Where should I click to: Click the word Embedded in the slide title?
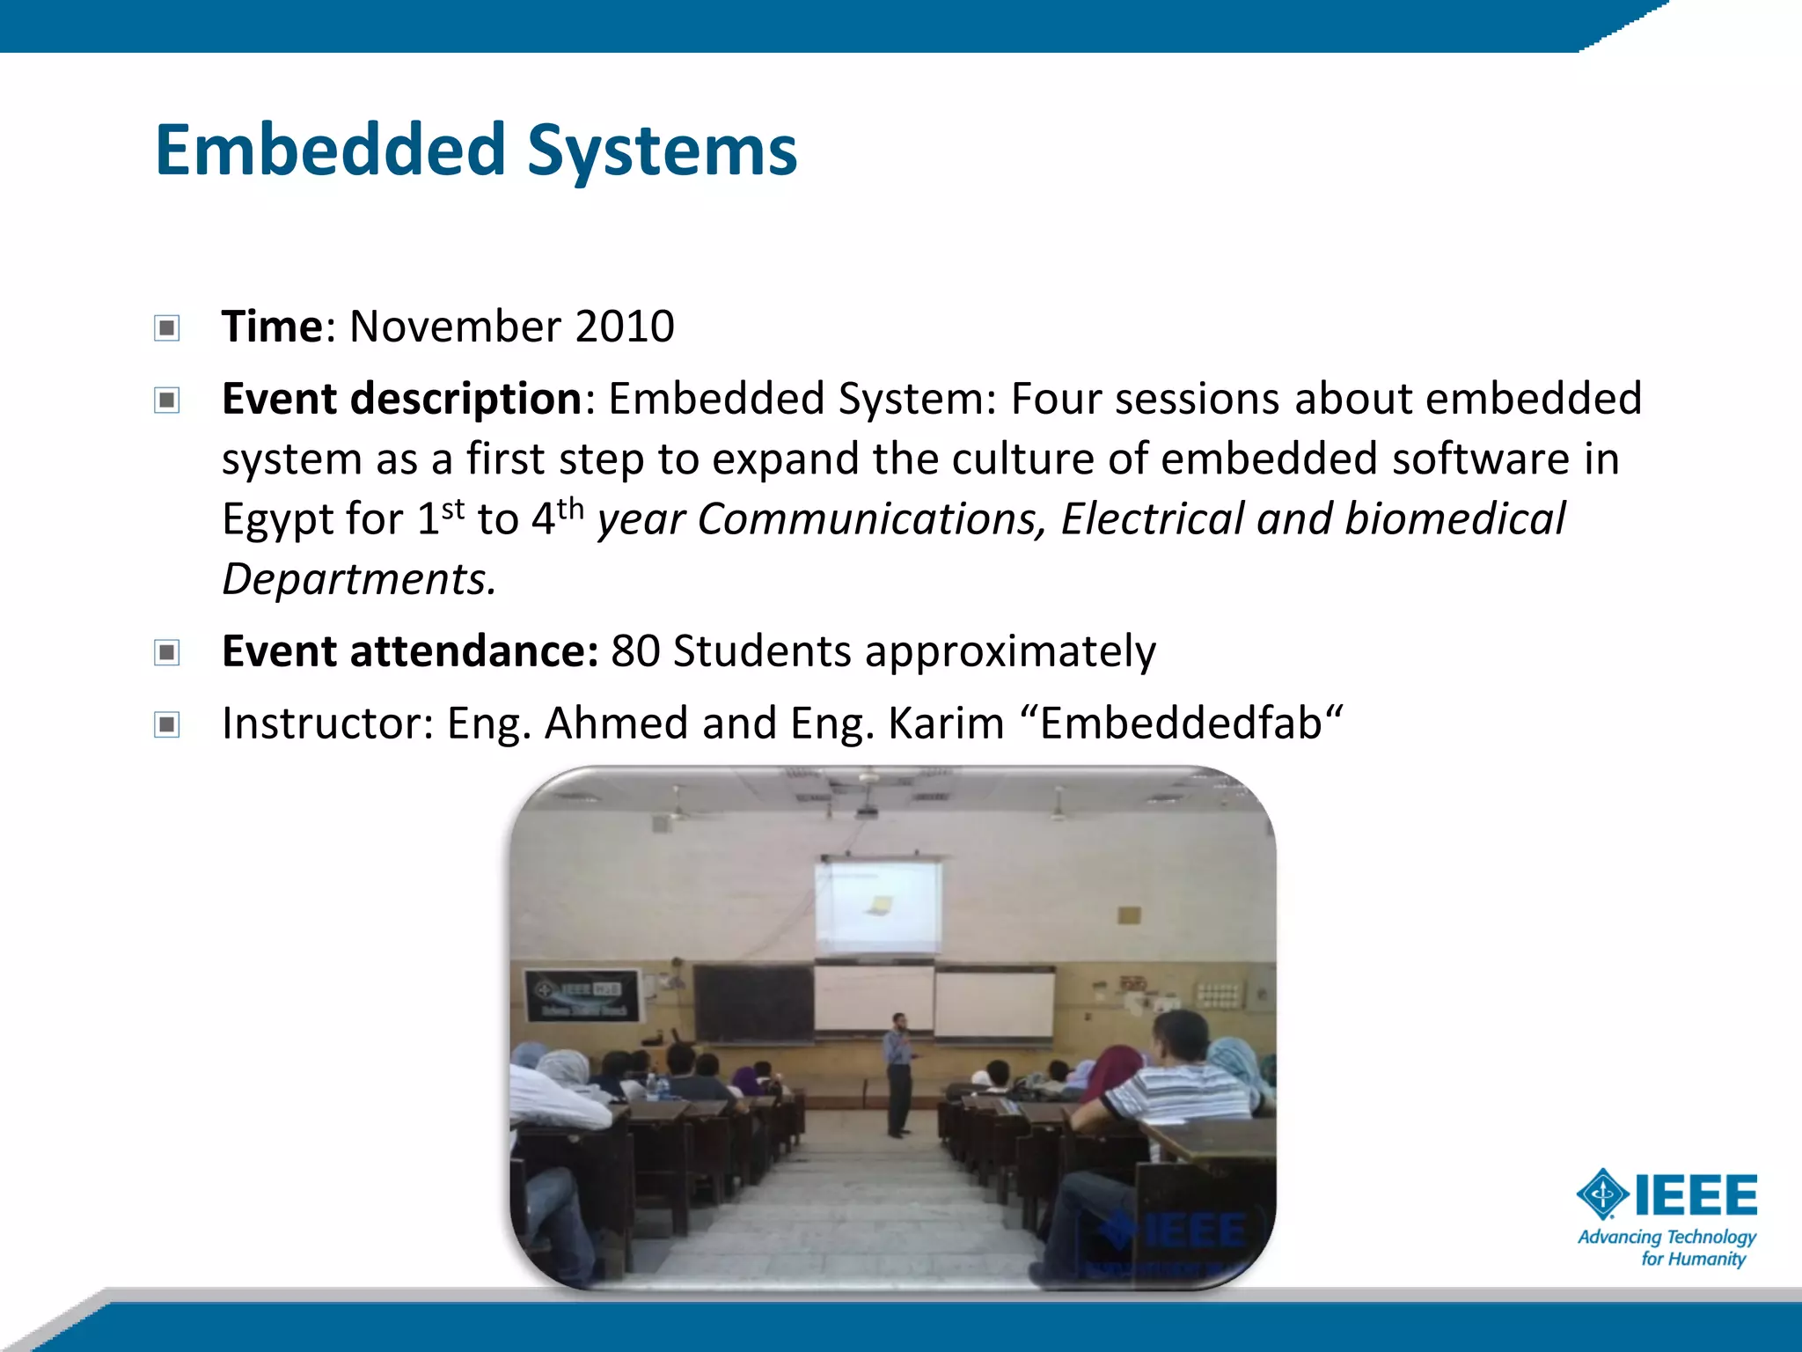pyautogui.click(x=330, y=150)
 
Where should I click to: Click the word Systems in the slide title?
pyautogui.click(x=662, y=151)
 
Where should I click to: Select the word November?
pyautogui.click(x=455, y=327)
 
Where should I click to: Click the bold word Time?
pyautogui.click(x=272, y=327)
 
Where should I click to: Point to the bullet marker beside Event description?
pyautogui.click(x=166, y=400)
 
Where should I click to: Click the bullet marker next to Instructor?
pyautogui.click(x=166, y=724)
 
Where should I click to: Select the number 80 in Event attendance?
pyautogui.click(x=635, y=651)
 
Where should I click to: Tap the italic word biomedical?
pyautogui.click(x=1455, y=518)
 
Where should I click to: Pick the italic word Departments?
pyautogui.click(x=358, y=579)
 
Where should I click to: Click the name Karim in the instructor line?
pyautogui.click(x=946, y=724)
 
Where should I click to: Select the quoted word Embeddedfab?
pyautogui.click(x=1182, y=724)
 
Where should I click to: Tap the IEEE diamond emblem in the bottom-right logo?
pyautogui.click(x=1602, y=1194)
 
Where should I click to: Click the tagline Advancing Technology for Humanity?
pyautogui.click(x=1666, y=1248)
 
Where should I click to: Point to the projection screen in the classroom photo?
pyautogui.click(x=876, y=907)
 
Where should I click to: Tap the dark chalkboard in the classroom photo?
pyautogui.click(x=753, y=1003)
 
